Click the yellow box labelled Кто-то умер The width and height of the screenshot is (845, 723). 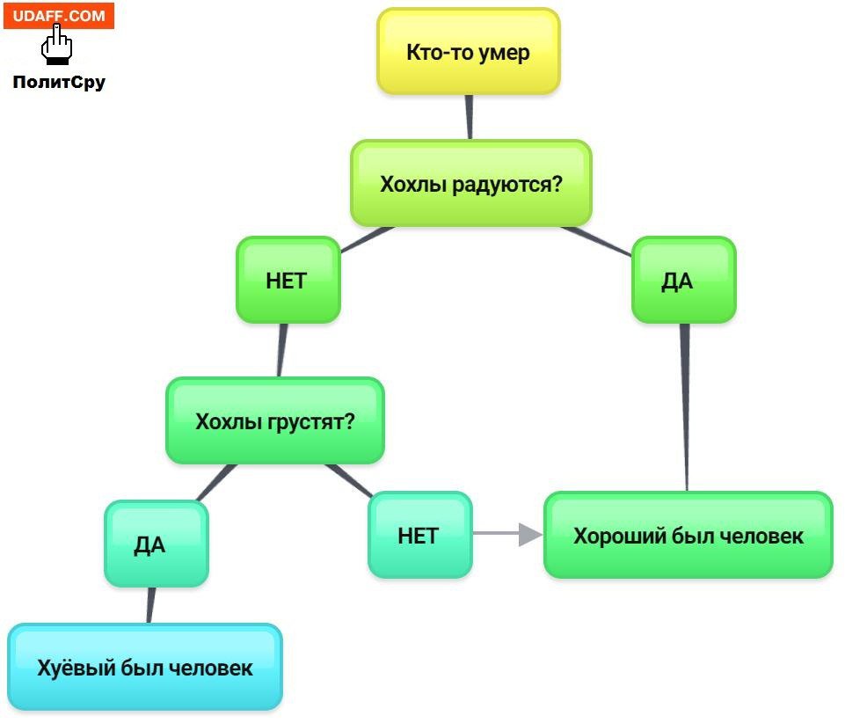click(x=468, y=51)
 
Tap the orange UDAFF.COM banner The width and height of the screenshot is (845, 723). click(x=59, y=16)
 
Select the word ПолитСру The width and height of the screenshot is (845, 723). click(x=59, y=83)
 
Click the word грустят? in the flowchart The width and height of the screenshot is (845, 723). click(x=313, y=420)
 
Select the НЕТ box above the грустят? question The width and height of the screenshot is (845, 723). click(x=287, y=281)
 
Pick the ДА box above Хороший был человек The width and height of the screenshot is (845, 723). click(x=678, y=281)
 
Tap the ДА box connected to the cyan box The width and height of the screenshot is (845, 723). click(x=150, y=544)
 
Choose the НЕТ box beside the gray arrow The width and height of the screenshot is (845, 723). click(x=418, y=535)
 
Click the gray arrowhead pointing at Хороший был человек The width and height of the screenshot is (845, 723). click(x=528, y=534)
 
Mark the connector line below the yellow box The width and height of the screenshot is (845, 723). click(x=470, y=116)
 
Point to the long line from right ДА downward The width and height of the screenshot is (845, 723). click(x=686, y=405)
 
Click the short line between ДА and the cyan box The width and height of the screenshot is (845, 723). click(x=150, y=605)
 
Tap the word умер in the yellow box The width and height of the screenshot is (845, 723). click(x=504, y=52)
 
